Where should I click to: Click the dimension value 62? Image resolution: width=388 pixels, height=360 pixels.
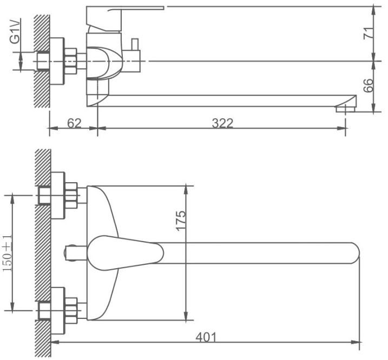(x=74, y=123)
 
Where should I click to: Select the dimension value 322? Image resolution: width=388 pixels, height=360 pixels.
(x=222, y=123)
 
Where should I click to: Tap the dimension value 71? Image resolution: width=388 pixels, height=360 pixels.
(x=368, y=34)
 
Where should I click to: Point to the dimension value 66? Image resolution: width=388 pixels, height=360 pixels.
(x=369, y=85)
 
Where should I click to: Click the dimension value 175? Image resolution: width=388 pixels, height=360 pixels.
(x=181, y=221)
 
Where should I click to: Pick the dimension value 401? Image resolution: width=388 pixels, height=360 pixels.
(x=206, y=337)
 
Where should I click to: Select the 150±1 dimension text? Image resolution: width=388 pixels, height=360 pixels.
(x=8, y=253)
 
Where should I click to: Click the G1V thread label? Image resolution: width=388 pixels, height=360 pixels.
(x=15, y=32)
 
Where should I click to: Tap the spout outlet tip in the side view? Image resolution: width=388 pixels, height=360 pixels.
(x=346, y=109)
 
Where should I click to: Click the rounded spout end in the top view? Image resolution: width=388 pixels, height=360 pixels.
(x=354, y=253)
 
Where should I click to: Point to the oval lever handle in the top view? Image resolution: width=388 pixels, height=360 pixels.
(x=125, y=252)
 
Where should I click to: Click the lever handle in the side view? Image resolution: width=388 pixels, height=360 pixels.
(x=124, y=20)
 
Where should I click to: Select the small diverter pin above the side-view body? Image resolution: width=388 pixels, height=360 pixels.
(x=135, y=44)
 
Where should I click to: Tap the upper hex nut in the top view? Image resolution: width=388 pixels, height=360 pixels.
(x=71, y=195)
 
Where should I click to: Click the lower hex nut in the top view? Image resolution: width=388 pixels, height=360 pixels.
(x=71, y=311)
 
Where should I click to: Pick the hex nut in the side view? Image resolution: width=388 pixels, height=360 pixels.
(x=71, y=61)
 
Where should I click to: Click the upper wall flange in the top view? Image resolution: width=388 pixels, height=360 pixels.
(x=58, y=195)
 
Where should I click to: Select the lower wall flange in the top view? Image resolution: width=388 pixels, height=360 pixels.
(x=58, y=311)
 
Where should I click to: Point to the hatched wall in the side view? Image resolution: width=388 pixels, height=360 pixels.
(x=42, y=61)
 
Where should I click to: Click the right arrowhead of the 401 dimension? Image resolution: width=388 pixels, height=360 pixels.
(x=356, y=343)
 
